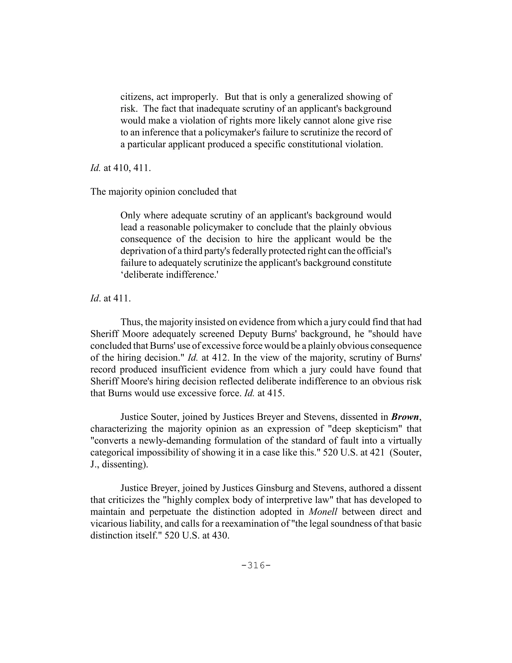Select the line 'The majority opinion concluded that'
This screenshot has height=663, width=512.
click(163, 192)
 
